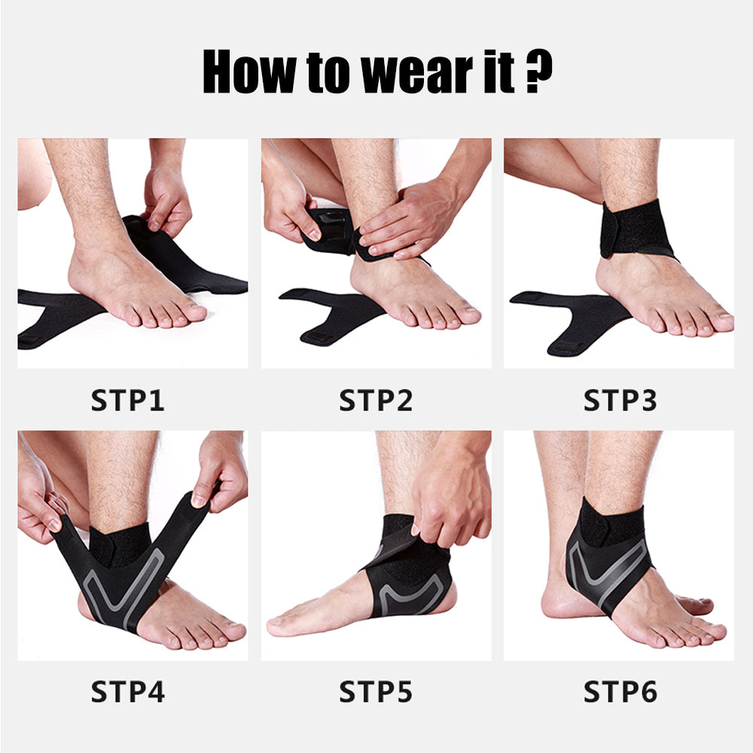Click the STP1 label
pyautogui.click(x=127, y=400)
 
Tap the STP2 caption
pyautogui.click(x=375, y=400)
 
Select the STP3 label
pyautogui.click(x=620, y=400)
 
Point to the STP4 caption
pyautogui.click(x=127, y=691)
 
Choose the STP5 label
pyautogui.click(x=375, y=691)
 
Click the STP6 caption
pyautogui.click(x=620, y=691)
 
